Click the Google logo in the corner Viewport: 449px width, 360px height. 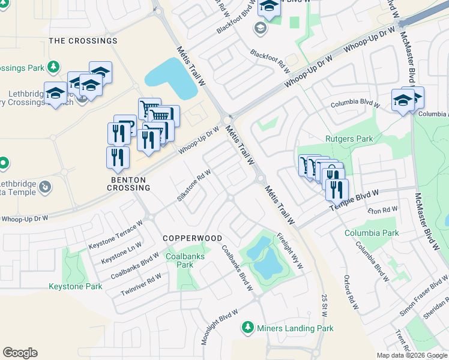[20, 353]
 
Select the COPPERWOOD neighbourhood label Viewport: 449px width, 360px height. [193, 238]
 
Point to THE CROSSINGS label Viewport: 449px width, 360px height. [83, 41]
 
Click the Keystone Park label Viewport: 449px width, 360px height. [76, 287]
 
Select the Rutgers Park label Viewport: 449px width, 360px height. [349, 139]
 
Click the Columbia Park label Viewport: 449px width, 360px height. [372, 233]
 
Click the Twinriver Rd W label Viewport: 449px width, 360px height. [141, 283]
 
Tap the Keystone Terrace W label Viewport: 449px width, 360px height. [116, 235]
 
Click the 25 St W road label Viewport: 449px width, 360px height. [324, 305]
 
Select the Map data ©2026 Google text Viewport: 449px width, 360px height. [412, 355]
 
